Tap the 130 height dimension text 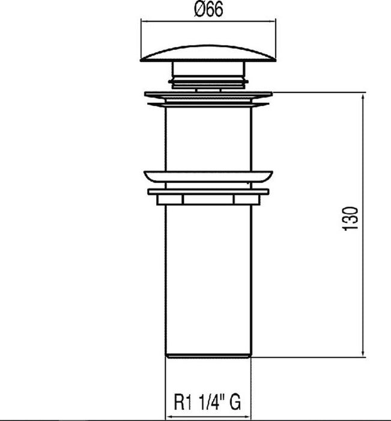pyautogui.click(x=350, y=218)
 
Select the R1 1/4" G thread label pyautogui.click(x=207, y=402)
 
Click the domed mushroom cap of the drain pyautogui.click(x=208, y=54)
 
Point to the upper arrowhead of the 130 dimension pyautogui.click(x=363, y=97)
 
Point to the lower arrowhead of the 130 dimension pyautogui.click(x=363, y=352)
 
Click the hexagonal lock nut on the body pyautogui.click(x=208, y=200)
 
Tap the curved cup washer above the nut pyautogui.click(x=208, y=176)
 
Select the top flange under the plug pyautogui.click(x=208, y=94)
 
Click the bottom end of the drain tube pyautogui.click(x=208, y=356)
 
